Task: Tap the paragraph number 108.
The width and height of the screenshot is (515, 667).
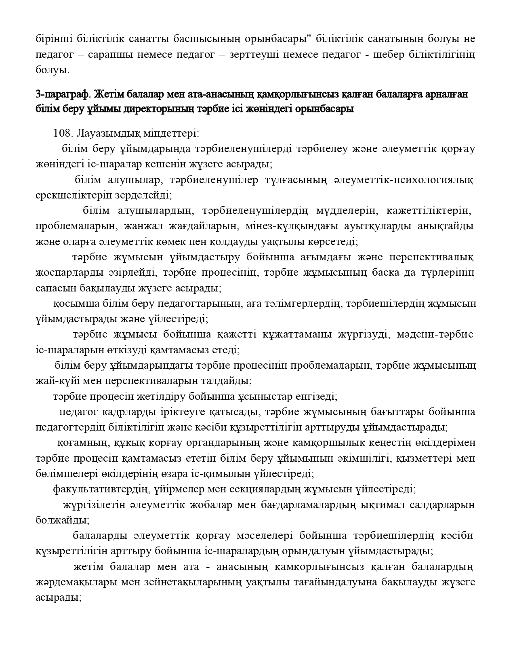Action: (x=62, y=133)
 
